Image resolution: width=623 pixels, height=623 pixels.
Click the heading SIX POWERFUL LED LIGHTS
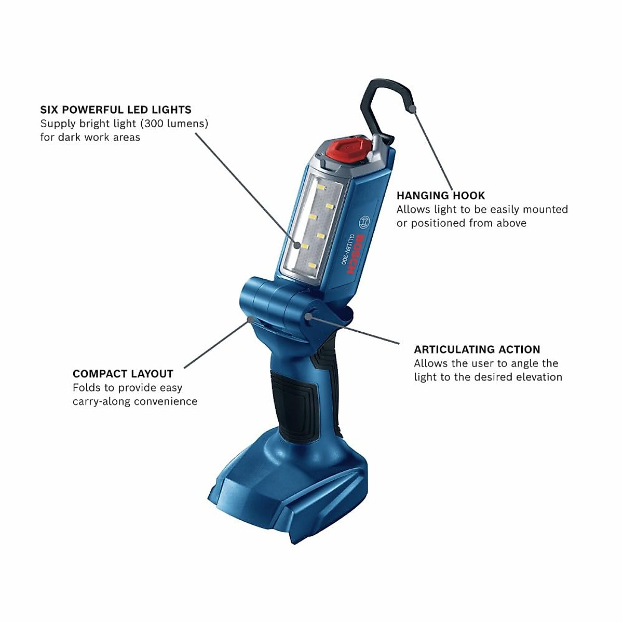click(x=116, y=110)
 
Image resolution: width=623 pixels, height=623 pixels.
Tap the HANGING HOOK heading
click(x=441, y=196)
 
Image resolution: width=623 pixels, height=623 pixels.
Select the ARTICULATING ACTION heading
click(x=477, y=349)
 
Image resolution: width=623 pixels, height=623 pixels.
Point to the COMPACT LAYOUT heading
click(x=123, y=374)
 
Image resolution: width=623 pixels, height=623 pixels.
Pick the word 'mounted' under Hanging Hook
click(x=545, y=209)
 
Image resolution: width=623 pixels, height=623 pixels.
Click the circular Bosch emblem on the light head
click(x=364, y=221)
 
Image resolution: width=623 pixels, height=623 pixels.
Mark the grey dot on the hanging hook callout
click(x=412, y=109)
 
